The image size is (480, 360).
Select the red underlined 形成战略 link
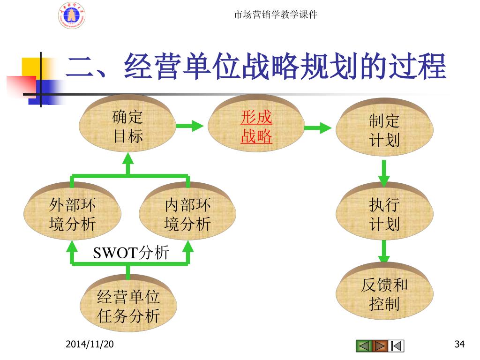pyautogui.click(x=256, y=127)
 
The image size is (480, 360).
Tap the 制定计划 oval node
pyautogui.click(x=384, y=130)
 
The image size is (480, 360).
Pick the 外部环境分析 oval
pyautogui.click(x=73, y=214)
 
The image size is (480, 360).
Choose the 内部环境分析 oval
pyautogui.click(x=187, y=214)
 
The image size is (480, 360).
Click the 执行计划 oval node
pyautogui.click(x=384, y=214)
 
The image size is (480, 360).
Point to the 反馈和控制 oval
pyautogui.click(x=384, y=294)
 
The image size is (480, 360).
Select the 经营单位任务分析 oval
pyautogui.click(x=128, y=306)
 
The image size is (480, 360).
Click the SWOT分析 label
pyautogui.click(x=131, y=253)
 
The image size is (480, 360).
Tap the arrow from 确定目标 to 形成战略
pyautogui.click(x=189, y=126)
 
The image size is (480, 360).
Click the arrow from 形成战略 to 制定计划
pyautogui.click(x=319, y=127)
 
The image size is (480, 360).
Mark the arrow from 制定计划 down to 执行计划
pyautogui.click(x=384, y=172)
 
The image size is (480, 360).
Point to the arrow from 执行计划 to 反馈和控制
pyautogui.click(x=384, y=252)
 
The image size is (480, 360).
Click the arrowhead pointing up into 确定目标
pyautogui.click(x=128, y=159)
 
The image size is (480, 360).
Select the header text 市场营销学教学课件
pyautogui.click(x=275, y=15)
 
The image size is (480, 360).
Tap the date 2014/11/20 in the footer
pyautogui.click(x=90, y=345)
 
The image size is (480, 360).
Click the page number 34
pyautogui.click(x=459, y=345)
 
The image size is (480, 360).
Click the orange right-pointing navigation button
pyautogui.click(x=380, y=346)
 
